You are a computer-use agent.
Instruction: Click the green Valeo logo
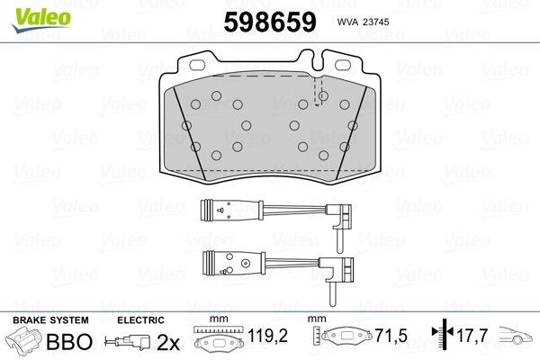pos(41,20)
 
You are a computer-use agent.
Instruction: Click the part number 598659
pos(270,22)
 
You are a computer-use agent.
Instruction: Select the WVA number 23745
pos(375,22)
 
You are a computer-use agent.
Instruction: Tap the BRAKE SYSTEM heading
pos(50,320)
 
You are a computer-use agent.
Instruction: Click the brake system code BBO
pos(69,341)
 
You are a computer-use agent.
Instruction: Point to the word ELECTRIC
pos(140,320)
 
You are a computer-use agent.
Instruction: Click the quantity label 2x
pos(168,342)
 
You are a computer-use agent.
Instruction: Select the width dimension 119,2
pos(267,336)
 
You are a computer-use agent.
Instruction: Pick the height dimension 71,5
pos(391,336)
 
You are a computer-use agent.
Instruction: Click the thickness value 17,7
pos(472,335)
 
